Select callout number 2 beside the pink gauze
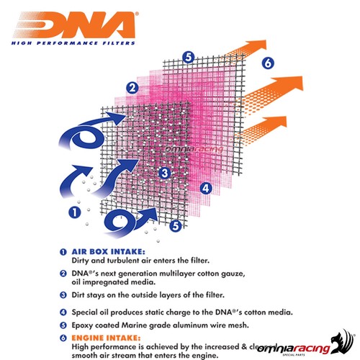click(132, 89)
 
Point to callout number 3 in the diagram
click(164, 173)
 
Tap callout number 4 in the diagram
click(205, 189)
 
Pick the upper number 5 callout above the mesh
click(187, 56)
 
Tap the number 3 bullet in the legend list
click(63, 294)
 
